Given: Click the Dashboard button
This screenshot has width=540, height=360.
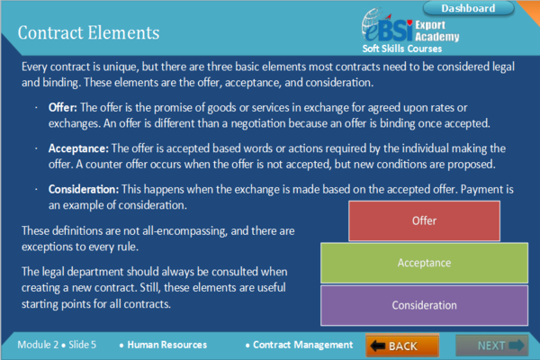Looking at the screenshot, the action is click(x=468, y=8).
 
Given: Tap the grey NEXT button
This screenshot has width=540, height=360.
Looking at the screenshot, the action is click(x=491, y=346).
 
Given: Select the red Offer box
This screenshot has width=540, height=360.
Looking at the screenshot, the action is click(x=424, y=220).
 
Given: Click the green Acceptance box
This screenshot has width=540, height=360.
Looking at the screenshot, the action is click(x=424, y=263).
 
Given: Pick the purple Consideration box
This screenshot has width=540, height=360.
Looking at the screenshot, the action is click(x=424, y=305).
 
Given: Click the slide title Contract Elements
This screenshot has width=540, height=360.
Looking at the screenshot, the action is click(x=88, y=32).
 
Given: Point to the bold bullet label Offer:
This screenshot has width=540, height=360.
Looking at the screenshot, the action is click(x=63, y=107).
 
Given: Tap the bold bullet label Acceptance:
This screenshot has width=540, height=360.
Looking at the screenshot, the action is click(x=78, y=148).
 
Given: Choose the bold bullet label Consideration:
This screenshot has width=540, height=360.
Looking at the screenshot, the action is click(x=84, y=189).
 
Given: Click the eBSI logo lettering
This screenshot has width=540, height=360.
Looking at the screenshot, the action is click(x=387, y=28).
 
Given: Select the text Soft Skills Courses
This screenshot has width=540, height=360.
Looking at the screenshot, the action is click(x=402, y=49).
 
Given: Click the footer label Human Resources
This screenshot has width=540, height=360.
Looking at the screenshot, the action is click(x=167, y=345).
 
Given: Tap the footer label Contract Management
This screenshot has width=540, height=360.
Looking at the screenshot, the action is click(x=303, y=345).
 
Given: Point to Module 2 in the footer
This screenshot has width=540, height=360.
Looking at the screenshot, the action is click(x=38, y=345).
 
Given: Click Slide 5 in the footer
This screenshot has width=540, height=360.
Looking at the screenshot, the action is click(x=82, y=345).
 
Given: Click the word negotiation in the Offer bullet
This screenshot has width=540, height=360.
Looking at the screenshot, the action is click(x=258, y=123).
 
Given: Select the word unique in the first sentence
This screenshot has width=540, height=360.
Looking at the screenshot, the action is click(x=121, y=67).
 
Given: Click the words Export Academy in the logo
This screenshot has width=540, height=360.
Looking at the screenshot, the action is click(x=437, y=31).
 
